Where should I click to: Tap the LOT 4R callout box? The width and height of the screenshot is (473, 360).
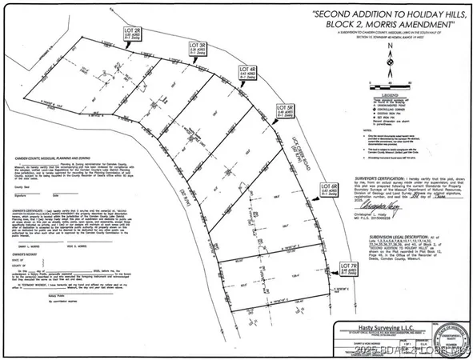(x=250, y=75)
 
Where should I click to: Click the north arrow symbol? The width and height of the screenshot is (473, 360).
(x=390, y=57)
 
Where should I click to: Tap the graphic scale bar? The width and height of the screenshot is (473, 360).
(x=390, y=78)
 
